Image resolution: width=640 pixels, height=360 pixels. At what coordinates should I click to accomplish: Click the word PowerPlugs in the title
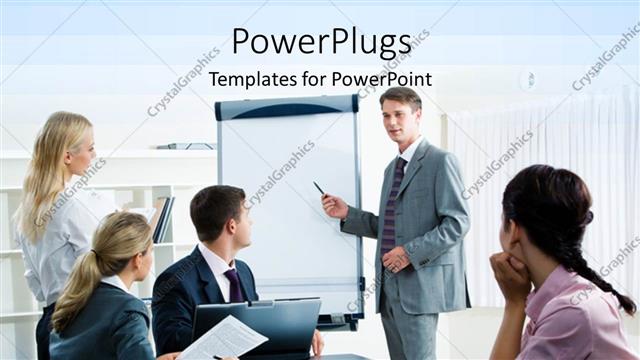[x=321, y=43]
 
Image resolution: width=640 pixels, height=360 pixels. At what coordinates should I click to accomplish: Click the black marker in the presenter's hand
[x=319, y=188]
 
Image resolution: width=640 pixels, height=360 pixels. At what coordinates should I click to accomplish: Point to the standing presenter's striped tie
[x=391, y=205]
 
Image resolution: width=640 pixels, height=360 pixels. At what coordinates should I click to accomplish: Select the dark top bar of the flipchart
[x=287, y=107]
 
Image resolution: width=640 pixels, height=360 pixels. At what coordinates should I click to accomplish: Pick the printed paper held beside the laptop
[x=224, y=338]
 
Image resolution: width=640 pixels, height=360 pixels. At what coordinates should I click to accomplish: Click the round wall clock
[x=528, y=80]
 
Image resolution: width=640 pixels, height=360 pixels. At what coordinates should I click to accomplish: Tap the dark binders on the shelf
[x=164, y=219]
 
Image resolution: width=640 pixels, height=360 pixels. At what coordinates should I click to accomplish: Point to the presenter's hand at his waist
[x=397, y=260]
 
